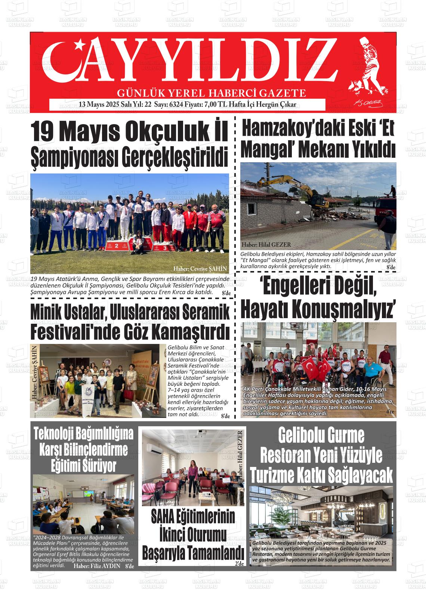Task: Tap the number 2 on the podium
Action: (117, 246)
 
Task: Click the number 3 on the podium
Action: (165, 247)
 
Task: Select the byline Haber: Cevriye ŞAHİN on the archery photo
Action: (200, 269)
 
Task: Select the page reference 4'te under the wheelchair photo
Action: (390, 412)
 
